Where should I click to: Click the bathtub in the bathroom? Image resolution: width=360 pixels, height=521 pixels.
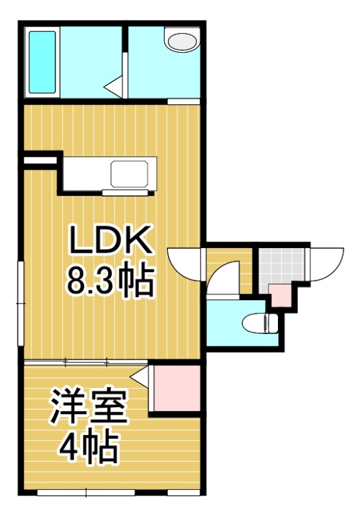42,62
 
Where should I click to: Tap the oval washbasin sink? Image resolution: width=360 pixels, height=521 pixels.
182,42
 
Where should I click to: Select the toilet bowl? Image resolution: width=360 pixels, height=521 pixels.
260,323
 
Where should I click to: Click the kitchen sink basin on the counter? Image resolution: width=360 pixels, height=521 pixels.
129,174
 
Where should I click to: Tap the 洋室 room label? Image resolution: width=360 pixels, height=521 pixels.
89,408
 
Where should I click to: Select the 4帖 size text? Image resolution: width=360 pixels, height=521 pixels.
89,446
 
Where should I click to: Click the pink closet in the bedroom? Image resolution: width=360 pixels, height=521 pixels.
176,388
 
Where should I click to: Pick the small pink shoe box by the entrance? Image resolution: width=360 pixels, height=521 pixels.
280,296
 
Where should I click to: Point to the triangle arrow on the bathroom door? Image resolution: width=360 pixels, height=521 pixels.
113,87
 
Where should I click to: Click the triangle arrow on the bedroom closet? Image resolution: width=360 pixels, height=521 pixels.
139,377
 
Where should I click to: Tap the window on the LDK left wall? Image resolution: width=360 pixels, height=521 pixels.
21,303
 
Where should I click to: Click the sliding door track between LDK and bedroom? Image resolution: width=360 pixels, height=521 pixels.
86,362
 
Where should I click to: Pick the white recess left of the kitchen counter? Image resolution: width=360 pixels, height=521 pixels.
40,160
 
